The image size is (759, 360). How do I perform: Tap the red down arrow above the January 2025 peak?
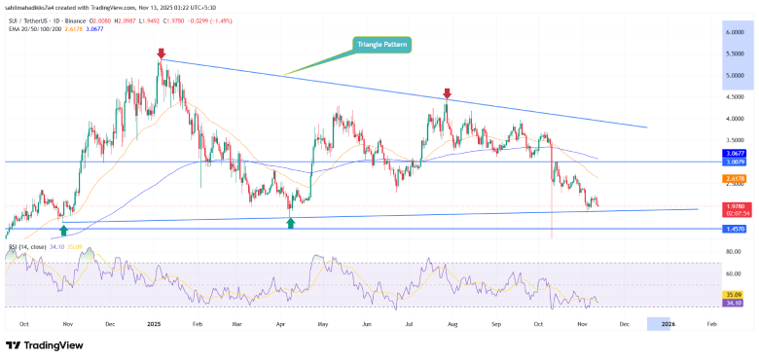[x=162, y=54]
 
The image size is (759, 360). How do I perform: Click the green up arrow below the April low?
[x=290, y=224]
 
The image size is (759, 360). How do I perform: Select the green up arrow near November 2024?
[x=64, y=230]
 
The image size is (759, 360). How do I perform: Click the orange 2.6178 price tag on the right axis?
[x=734, y=179]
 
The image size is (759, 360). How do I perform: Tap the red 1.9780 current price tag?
[x=734, y=205]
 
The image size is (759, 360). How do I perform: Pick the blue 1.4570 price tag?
[x=734, y=230]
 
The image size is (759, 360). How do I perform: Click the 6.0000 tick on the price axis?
[x=734, y=31]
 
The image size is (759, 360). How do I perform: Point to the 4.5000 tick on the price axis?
[x=734, y=97]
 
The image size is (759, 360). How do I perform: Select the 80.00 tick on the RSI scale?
[x=735, y=252]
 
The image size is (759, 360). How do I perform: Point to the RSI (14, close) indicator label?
[x=28, y=248]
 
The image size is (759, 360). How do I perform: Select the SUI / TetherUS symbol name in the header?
[x=32, y=19]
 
